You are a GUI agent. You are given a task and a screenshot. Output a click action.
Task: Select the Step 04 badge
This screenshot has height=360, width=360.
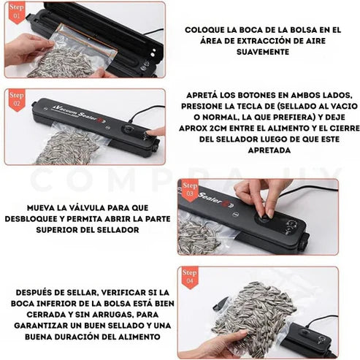(190, 276)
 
